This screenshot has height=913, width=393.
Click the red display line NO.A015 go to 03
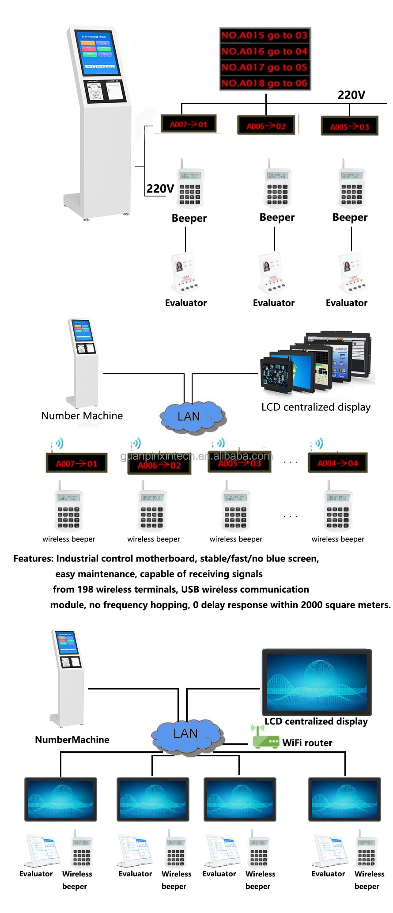click(265, 35)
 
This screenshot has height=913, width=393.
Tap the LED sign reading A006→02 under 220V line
click(266, 126)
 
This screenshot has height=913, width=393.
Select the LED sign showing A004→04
click(338, 463)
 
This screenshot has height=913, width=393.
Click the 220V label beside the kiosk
click(160, 189)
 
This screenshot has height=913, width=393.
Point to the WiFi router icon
click(265, 739)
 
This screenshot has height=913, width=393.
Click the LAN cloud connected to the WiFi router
click(186, 734)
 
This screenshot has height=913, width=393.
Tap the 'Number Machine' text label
click(82, 416)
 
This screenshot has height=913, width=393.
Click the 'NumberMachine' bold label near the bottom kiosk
click(72, 740)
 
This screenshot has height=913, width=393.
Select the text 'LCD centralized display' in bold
click(316, 721)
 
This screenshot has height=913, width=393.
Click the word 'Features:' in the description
click(33, 559)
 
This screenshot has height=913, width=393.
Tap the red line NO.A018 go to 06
click(265, 83)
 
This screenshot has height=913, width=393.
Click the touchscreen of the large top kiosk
click(99, 53)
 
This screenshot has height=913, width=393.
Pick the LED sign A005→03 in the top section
click(349, 127)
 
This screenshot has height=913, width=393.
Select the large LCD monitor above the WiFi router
click(317, 682)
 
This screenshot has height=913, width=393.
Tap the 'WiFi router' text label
click(307, 743)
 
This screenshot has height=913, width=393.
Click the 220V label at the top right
click(351, 95)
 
